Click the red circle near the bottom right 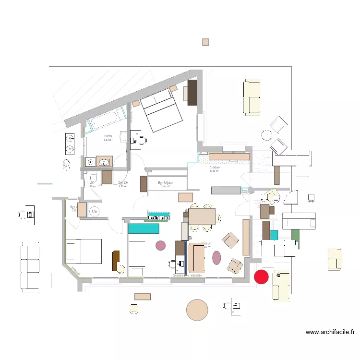(261, 276)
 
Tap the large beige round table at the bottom (197, 310)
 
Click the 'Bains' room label (108, 137)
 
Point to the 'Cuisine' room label (215, 168)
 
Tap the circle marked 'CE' (94, 211)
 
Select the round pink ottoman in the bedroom (160, 246)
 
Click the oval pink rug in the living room (216, 257)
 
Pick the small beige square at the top (205, 42)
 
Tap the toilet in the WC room (93, 177)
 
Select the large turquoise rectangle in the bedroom (143, 229)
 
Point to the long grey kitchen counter (226, 191)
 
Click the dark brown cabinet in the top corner (192, 92)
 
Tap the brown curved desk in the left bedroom (116, 261)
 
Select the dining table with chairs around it (202, 216)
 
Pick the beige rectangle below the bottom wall (143, 297)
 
